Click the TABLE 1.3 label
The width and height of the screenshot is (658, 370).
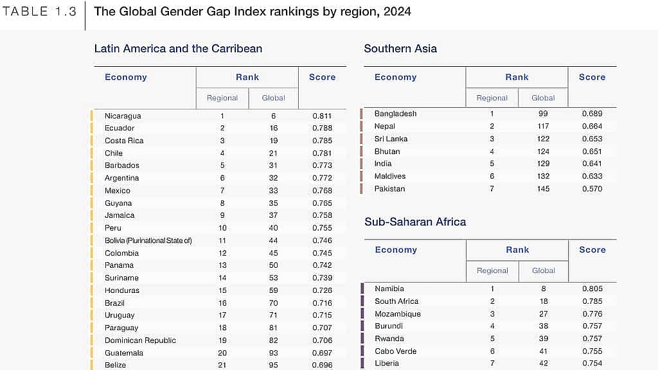[x=39, y=12]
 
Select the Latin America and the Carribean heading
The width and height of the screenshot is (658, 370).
[x=178, y=49]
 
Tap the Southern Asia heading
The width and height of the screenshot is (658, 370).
[x=400, y=49]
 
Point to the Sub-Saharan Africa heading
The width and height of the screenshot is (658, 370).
[x=415, y=222]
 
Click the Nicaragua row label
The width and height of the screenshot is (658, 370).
[x=123, y=116]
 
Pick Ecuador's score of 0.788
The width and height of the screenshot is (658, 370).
[x=323, y=128]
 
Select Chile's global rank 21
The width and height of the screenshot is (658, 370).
[x=273, y=153]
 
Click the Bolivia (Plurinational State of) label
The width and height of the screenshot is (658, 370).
[x=148, y=240]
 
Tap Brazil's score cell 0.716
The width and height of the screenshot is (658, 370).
[x=323, y=303]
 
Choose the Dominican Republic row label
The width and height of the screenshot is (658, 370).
[x=140, y=340]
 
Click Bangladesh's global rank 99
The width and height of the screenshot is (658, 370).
[x=543, y=114]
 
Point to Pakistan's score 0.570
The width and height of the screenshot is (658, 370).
[x=592, y=189]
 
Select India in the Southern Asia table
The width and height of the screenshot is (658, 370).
[x=383, y=164]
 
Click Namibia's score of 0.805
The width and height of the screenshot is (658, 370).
[x=592, y=288]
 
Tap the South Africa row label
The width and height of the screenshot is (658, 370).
[x=396, y=301]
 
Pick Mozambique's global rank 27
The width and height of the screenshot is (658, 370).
[x=544, y=313]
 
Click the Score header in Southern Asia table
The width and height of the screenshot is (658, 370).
[x=592, y=77]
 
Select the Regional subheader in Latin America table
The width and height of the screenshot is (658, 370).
[x=222, y=98]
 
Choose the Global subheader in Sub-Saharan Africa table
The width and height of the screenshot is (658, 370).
[x=544, y=270]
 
